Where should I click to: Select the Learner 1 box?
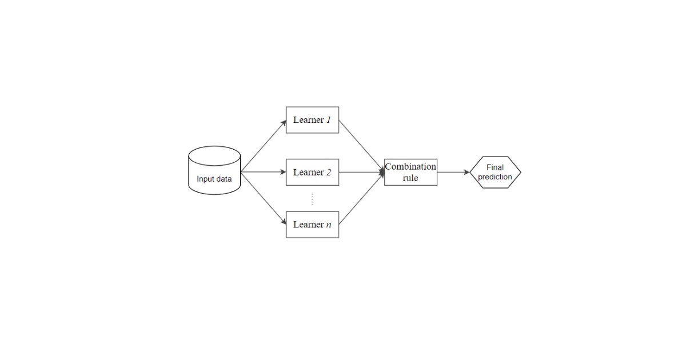tap(312, 120)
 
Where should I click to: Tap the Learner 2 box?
tap(312, 172)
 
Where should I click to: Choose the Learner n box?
tap(312, 225)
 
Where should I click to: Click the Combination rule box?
tap(410, 172)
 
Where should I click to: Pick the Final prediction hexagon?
tap(495, 172)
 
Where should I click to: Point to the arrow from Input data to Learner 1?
tap(263, 146)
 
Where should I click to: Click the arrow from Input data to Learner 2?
tap(263, 172)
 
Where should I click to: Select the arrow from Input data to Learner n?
tap(263, 198)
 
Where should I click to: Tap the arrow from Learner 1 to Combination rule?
tap(361, 146)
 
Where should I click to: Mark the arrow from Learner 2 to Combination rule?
tap(361, 172)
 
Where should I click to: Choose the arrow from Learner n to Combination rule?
tap(361, 198)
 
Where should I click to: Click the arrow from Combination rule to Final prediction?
tap(453, 172)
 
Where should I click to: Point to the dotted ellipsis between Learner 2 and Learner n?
tap(312, 199)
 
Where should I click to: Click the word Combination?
tap(410, 167)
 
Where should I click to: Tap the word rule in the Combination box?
tap(410, 178)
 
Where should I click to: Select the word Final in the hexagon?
tap(495, 167)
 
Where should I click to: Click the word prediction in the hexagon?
tap(495, 177)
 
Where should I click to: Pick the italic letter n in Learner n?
tap(329, 225)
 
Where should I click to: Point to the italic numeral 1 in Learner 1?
tap(329, 120)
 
